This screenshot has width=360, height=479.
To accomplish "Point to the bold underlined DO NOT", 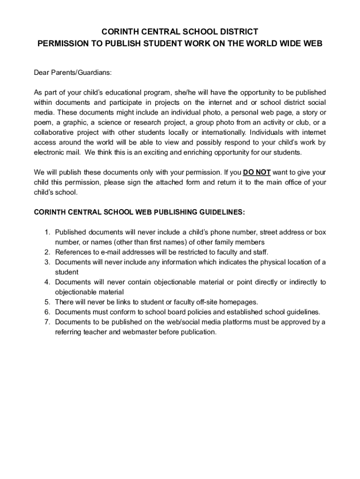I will (257, 172).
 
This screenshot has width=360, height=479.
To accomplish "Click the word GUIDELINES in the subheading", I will (216, 212).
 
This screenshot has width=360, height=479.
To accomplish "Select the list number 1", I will (47, 232).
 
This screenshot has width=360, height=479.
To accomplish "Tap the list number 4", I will (47, 282).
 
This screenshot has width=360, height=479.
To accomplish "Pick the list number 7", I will (47, 322).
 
